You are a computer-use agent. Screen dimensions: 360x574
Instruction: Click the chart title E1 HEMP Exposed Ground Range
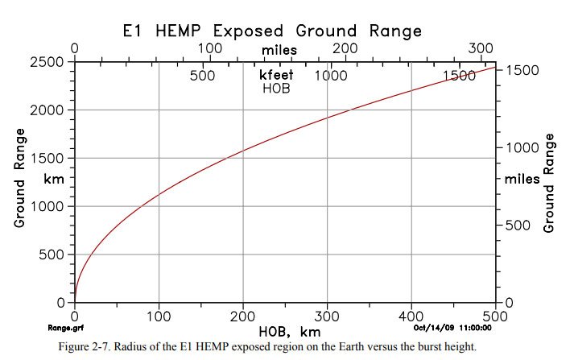(273, 30)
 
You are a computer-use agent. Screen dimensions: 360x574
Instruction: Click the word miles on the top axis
(279, 49)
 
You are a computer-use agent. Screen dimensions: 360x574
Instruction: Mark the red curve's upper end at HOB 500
(495, 66)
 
